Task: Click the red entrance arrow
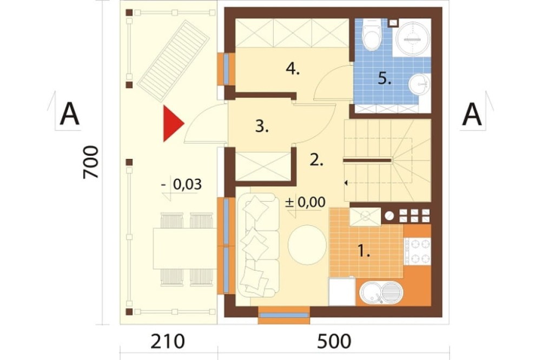[173, 123]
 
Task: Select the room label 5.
[384, 78]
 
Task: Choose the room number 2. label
[316, 160]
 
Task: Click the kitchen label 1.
[364, 251]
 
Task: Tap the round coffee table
[307, 245]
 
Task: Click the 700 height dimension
[91, 162]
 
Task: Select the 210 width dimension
[168, 342]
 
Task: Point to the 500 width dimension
[334, 342]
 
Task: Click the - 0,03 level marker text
[182, 185]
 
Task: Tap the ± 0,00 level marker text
[305, 202]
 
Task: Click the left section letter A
[70, 115]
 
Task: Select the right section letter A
[472, 115]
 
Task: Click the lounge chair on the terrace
[174, 61]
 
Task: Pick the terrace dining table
[185, 248]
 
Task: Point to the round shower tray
[413, 38]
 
